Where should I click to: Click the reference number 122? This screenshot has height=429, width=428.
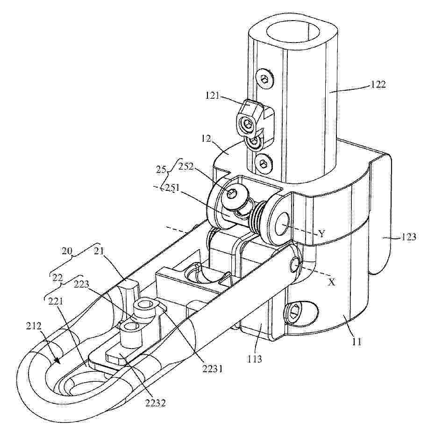click(x=378, y=85)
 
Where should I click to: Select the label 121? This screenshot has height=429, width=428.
click(x=213, y=95)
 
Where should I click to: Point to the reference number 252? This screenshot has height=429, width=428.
click(x=186, y=167)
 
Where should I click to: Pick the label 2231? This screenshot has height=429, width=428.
click(x=213, y=369)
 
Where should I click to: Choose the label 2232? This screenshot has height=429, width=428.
click(x=155, y=403)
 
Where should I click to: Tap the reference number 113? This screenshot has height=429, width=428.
click(x=255, y=359)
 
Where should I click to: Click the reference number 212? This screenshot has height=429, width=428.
click(x=34, y=326)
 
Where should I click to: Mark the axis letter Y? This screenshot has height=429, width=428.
click(x=321, y=234)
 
